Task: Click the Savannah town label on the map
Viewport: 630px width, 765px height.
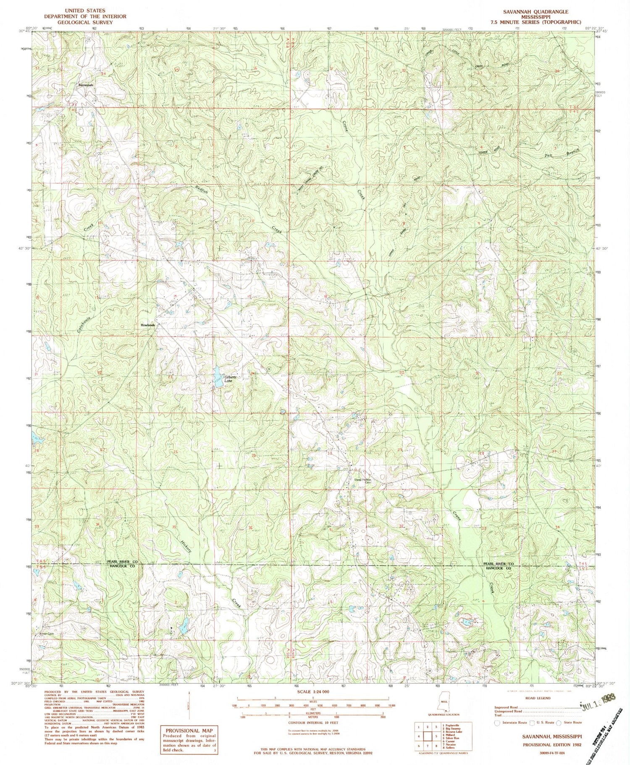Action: pyautogui.click(x=85, y=84)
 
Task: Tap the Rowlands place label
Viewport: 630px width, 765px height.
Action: pyautogui.click(x=148, y=325)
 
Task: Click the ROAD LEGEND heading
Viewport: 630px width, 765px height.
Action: pyautogui.click(x=538, y=698)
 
